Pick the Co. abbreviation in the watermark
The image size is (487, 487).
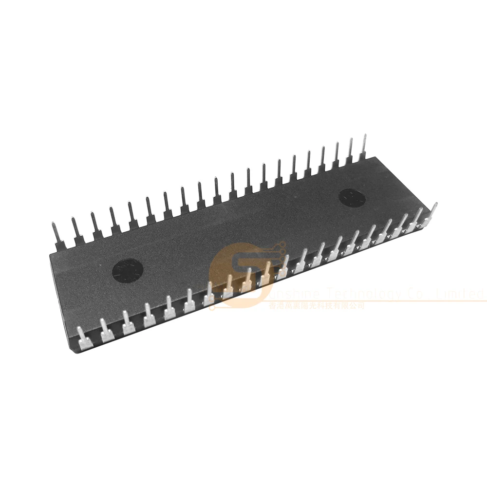[x=416, y=294]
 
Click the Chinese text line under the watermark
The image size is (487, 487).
[x=317, y=305]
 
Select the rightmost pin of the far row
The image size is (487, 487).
[x=363, y=146]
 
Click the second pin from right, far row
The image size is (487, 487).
[x=350, y=150]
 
